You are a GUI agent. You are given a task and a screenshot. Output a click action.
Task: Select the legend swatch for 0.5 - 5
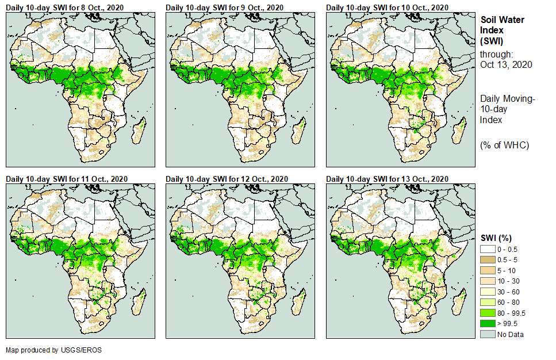click(x=488, y=259)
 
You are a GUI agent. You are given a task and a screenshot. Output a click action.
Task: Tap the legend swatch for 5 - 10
click(x=488, y=270)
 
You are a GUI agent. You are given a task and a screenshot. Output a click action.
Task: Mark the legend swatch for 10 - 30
click(x=488, y=280)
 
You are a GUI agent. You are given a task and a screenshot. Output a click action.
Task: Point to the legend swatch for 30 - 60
click(x=488, y=291)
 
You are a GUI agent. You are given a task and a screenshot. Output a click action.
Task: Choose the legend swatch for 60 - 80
click(x=488, y=302)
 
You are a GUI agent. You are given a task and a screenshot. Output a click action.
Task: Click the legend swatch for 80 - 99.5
click(x=488, y=313)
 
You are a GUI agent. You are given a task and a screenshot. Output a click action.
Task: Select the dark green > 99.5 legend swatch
click(x=488, y=324)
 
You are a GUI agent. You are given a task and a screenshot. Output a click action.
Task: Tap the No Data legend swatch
click(x=488, y=334)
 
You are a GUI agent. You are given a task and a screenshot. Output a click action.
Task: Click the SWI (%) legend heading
click(x=496, y=238)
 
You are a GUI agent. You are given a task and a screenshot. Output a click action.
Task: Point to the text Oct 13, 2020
click(x=506, y=64)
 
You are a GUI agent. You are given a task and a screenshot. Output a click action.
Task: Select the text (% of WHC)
click(x=504, y=145)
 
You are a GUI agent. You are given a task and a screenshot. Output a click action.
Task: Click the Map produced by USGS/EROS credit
click(x=49, y=350)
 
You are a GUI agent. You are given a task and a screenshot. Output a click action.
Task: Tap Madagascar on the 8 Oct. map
click(x=138, y=131)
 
